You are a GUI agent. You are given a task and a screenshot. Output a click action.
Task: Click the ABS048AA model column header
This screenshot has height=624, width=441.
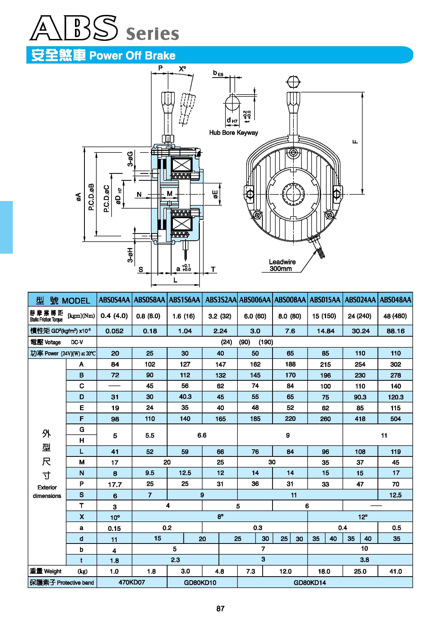(395, 300)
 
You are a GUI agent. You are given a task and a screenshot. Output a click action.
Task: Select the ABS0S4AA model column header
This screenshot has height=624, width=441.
(114, 300)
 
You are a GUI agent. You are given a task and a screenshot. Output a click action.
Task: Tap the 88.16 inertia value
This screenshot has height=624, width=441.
(395, 331)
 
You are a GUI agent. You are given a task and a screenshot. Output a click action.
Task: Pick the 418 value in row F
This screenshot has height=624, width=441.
(360, 419)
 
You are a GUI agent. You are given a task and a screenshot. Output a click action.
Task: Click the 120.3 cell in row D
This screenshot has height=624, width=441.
(395, 397)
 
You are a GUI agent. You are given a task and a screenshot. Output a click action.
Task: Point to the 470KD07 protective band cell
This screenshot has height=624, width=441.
(132, 582)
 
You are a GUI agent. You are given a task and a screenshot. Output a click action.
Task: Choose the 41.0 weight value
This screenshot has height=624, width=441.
(395, 571)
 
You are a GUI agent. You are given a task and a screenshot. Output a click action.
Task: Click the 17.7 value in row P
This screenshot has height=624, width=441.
(115, 485)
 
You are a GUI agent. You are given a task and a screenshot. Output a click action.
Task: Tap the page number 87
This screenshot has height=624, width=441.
(220, 609)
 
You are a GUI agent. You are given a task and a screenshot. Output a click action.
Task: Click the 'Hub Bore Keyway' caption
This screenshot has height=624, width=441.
(233, 133)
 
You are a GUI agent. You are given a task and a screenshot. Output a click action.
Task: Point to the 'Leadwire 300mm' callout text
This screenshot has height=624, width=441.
(282, 265)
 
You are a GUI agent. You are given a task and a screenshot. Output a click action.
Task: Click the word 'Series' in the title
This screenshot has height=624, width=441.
(153, 34)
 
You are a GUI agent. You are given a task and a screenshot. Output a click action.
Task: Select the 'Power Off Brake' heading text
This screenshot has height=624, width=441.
(132, 56)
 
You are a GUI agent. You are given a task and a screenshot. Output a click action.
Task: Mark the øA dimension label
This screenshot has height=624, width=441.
(78, 197)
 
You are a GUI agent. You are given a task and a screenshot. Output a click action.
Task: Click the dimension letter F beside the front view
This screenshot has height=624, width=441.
(355, 142)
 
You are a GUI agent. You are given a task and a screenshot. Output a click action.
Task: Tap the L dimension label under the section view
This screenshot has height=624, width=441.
(176, 280)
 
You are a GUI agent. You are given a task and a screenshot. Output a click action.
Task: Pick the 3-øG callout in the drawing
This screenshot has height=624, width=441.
(130, 159)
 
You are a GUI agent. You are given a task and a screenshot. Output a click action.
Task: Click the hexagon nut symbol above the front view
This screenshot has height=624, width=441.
(293, 81)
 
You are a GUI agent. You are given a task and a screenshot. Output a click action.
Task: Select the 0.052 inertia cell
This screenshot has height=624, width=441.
(114, 331)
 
